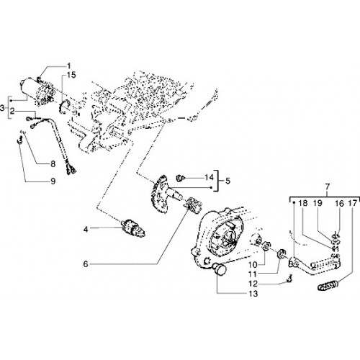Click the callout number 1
(x=69, y=66)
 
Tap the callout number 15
(x=71, y=75)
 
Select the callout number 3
(x=2, y=109)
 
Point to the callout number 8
(x=53, y=164)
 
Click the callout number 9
(x=53, y=181)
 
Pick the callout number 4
(x=86, y=230)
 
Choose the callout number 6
(x=86, y=264)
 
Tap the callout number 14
(x=209, y=178)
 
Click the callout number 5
(x=228, y=181)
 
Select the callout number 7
(x=328, y=186)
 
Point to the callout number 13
(x=253, y=294)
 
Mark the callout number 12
(x=253, y=284)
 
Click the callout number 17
(x=353, y=204)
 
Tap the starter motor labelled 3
(x=37, y=92)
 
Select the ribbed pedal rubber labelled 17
(x=328, y=286)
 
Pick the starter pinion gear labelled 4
(x=132, y=228)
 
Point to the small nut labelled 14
(x=181, y=178)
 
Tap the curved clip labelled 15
(x=63, y=107)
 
